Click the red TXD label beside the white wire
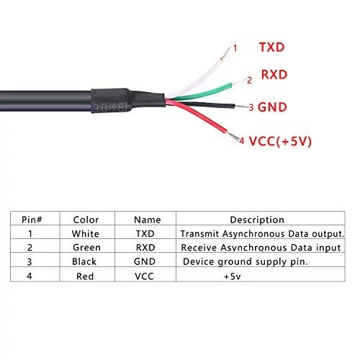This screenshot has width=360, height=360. click(271, 48)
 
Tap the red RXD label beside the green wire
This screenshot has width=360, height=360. click(274, 75)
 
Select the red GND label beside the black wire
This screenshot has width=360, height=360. click(272, 107)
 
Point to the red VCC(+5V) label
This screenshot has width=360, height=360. click(280, 141)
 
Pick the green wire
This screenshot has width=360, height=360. click(204, 92)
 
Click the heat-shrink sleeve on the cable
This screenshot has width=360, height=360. click(127, 100)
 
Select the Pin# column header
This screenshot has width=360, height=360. click(32, 220)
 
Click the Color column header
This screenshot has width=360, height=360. click(86, 220)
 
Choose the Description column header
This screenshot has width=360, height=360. click(257, 220)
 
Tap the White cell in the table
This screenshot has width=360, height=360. click(86, 234)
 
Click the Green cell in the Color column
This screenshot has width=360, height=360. click(86, 248)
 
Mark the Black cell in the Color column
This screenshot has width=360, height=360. click(84, 261)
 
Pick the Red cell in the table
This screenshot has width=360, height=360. click(85, 276)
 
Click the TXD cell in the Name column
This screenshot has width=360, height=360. click(145, 234)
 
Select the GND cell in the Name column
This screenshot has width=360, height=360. click(145, 261)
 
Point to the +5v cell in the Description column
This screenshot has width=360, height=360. click(232, 276)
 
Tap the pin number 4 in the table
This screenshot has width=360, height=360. click(30, 276)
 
